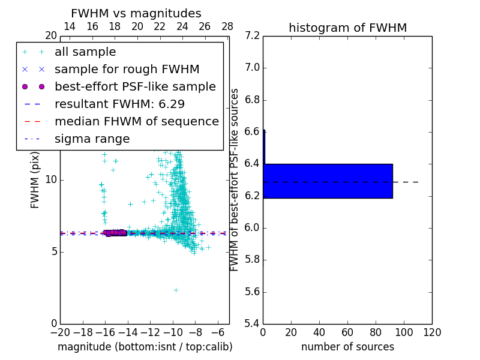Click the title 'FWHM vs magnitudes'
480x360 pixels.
point(136,13)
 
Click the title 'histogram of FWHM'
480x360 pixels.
point(347,28)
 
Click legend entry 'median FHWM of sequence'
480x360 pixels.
point(136,122)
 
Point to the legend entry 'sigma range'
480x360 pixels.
point(92,139)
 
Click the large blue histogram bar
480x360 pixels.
point(328,181)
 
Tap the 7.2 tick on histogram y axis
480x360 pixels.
point(253,35)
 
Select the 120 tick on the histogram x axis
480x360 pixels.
point(432,332)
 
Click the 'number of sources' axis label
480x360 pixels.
point(347,347)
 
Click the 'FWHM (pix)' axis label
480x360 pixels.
point(35,180)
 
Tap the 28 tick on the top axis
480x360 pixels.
point(227,26)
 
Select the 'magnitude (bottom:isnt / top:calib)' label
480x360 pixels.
point(145,347)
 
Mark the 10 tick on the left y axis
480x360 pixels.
point(50,180)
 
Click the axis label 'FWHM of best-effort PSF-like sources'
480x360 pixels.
point(235,180)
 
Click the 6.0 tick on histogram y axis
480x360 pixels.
point(253,228)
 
